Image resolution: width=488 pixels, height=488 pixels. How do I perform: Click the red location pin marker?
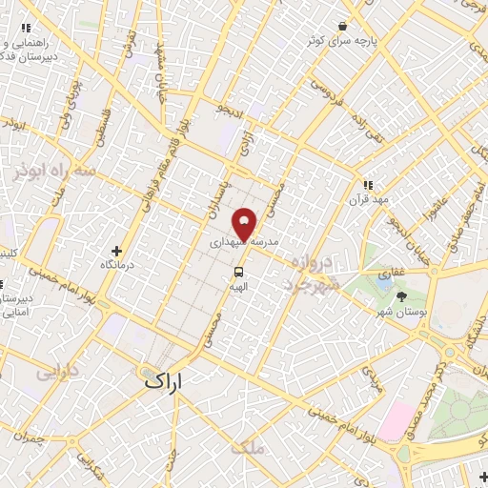(245, 225)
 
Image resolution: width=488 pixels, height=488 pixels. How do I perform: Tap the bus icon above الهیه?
(238, 271)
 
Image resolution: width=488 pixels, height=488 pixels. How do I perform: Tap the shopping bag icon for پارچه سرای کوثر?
(341, 27)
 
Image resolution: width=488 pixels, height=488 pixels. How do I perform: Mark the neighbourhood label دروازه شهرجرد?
(310, 272)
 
